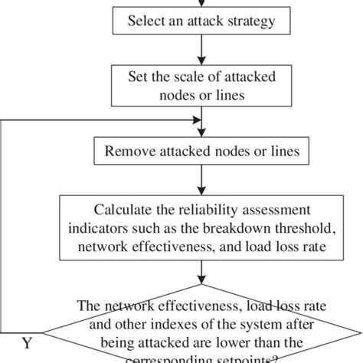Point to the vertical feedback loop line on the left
3,230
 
